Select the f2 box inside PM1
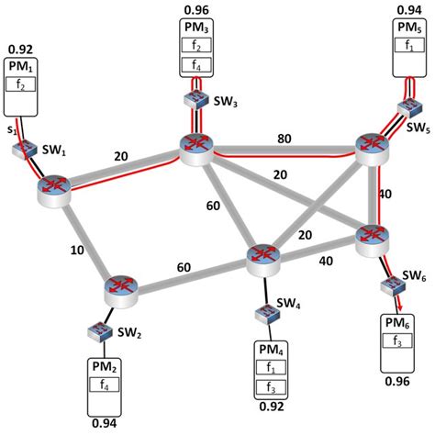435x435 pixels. click(x=20, y=84)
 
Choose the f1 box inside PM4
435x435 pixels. click(x=273, y=369)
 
